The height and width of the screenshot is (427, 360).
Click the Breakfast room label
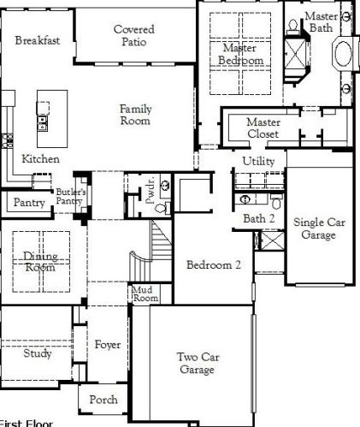[37, 40]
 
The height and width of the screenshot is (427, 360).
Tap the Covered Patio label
[134, 35]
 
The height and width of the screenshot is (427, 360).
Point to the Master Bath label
[322, 22]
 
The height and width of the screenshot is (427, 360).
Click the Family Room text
[135, 115]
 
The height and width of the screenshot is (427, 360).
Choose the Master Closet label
[263, 128]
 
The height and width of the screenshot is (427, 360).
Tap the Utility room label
[257, 161]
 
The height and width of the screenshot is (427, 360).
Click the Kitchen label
[40, 159]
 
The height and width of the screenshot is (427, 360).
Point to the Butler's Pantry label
[71, 196]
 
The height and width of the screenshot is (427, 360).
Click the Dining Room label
[39, 261]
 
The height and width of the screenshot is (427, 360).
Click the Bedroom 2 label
[214, 265]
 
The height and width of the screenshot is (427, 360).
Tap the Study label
[37, 353]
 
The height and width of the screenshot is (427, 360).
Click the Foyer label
[107, 345]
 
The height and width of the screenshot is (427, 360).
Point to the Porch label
[103, 400]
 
